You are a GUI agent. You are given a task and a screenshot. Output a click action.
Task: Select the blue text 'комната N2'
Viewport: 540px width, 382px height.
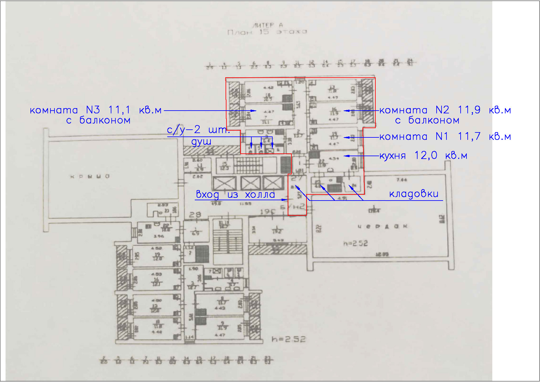414,110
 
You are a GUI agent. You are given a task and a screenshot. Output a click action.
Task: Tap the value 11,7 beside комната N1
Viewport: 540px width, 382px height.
469,136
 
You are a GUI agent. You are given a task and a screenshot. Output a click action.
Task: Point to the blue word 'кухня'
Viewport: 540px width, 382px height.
392,156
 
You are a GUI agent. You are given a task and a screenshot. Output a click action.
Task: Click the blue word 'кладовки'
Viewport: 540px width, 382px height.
414,194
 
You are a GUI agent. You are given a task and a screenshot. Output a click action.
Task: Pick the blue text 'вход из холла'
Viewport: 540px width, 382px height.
235,195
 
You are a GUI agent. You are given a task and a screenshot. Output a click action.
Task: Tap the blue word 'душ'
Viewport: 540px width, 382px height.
201,142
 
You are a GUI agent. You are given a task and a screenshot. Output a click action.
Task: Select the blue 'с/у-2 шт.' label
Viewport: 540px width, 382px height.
198,130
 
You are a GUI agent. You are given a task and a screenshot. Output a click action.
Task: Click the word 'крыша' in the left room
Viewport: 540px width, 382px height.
90,177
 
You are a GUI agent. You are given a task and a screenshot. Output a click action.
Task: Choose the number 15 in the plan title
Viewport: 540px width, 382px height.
264,32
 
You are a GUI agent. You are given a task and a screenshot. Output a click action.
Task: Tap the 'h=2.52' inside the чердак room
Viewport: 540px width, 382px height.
355,243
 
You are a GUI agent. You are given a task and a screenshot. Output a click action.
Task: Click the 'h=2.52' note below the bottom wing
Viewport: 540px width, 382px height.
289,339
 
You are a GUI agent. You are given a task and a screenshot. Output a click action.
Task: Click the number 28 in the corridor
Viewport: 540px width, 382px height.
195,214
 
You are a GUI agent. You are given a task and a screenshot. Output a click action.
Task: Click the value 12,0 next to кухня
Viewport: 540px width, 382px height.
426,156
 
